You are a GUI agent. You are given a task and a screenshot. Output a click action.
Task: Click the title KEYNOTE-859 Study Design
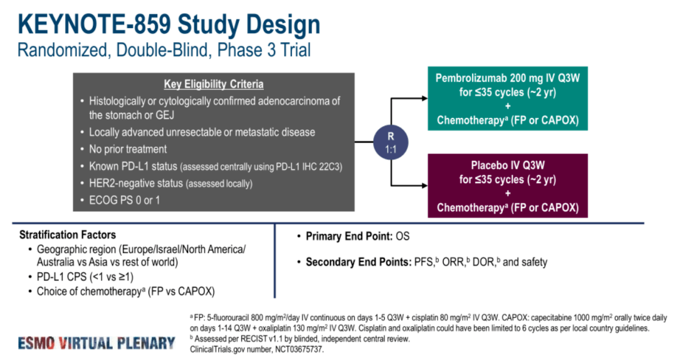click(x=169, y=24)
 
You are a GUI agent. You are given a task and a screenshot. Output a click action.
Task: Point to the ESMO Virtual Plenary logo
click(x=97, y=342)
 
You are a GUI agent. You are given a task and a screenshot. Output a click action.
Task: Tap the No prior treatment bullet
click(x=128, y=149)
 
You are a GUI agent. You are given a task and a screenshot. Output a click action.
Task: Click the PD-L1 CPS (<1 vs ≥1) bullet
click(x=85, y=277)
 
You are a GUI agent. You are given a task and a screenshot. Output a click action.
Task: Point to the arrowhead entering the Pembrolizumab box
click(x=424, y=99)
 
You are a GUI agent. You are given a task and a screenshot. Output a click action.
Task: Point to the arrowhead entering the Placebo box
click(x=424, y=186)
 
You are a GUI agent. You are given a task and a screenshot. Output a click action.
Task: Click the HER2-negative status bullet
click(x=171, y=184)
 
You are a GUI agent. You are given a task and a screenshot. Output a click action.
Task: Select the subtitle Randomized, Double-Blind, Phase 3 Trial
click(x=164, y=50)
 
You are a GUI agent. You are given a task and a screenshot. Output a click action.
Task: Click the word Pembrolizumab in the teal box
click(x=475, y=79)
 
